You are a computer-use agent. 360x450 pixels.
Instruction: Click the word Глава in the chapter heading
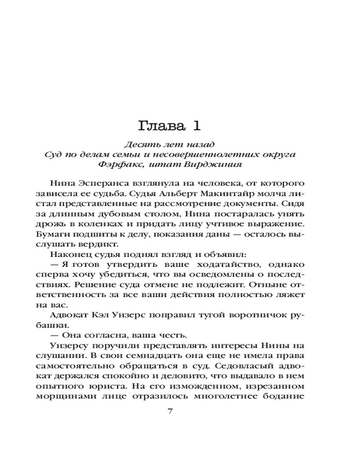158,125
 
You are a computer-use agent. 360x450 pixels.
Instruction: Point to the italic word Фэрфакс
115,164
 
